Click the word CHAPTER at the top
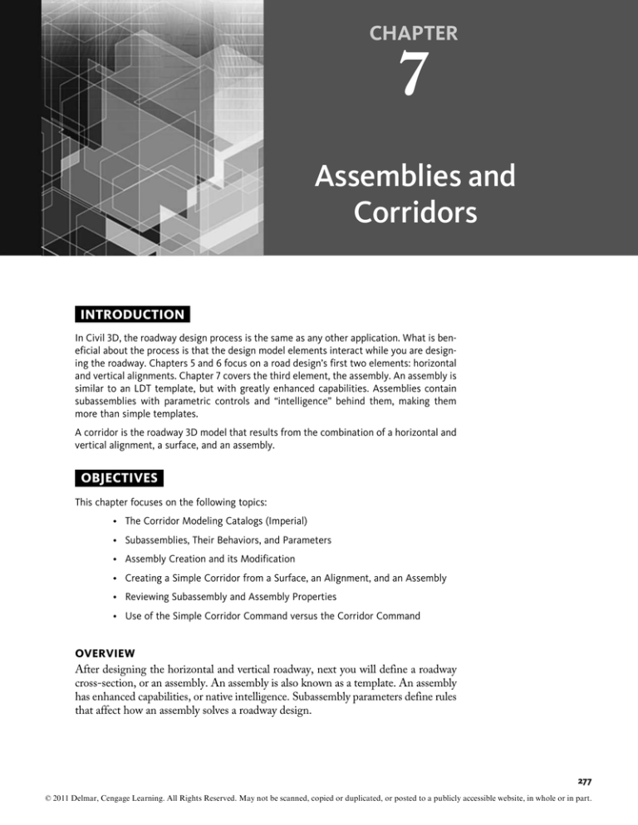tap(414, 33)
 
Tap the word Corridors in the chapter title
tap(414, 213)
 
